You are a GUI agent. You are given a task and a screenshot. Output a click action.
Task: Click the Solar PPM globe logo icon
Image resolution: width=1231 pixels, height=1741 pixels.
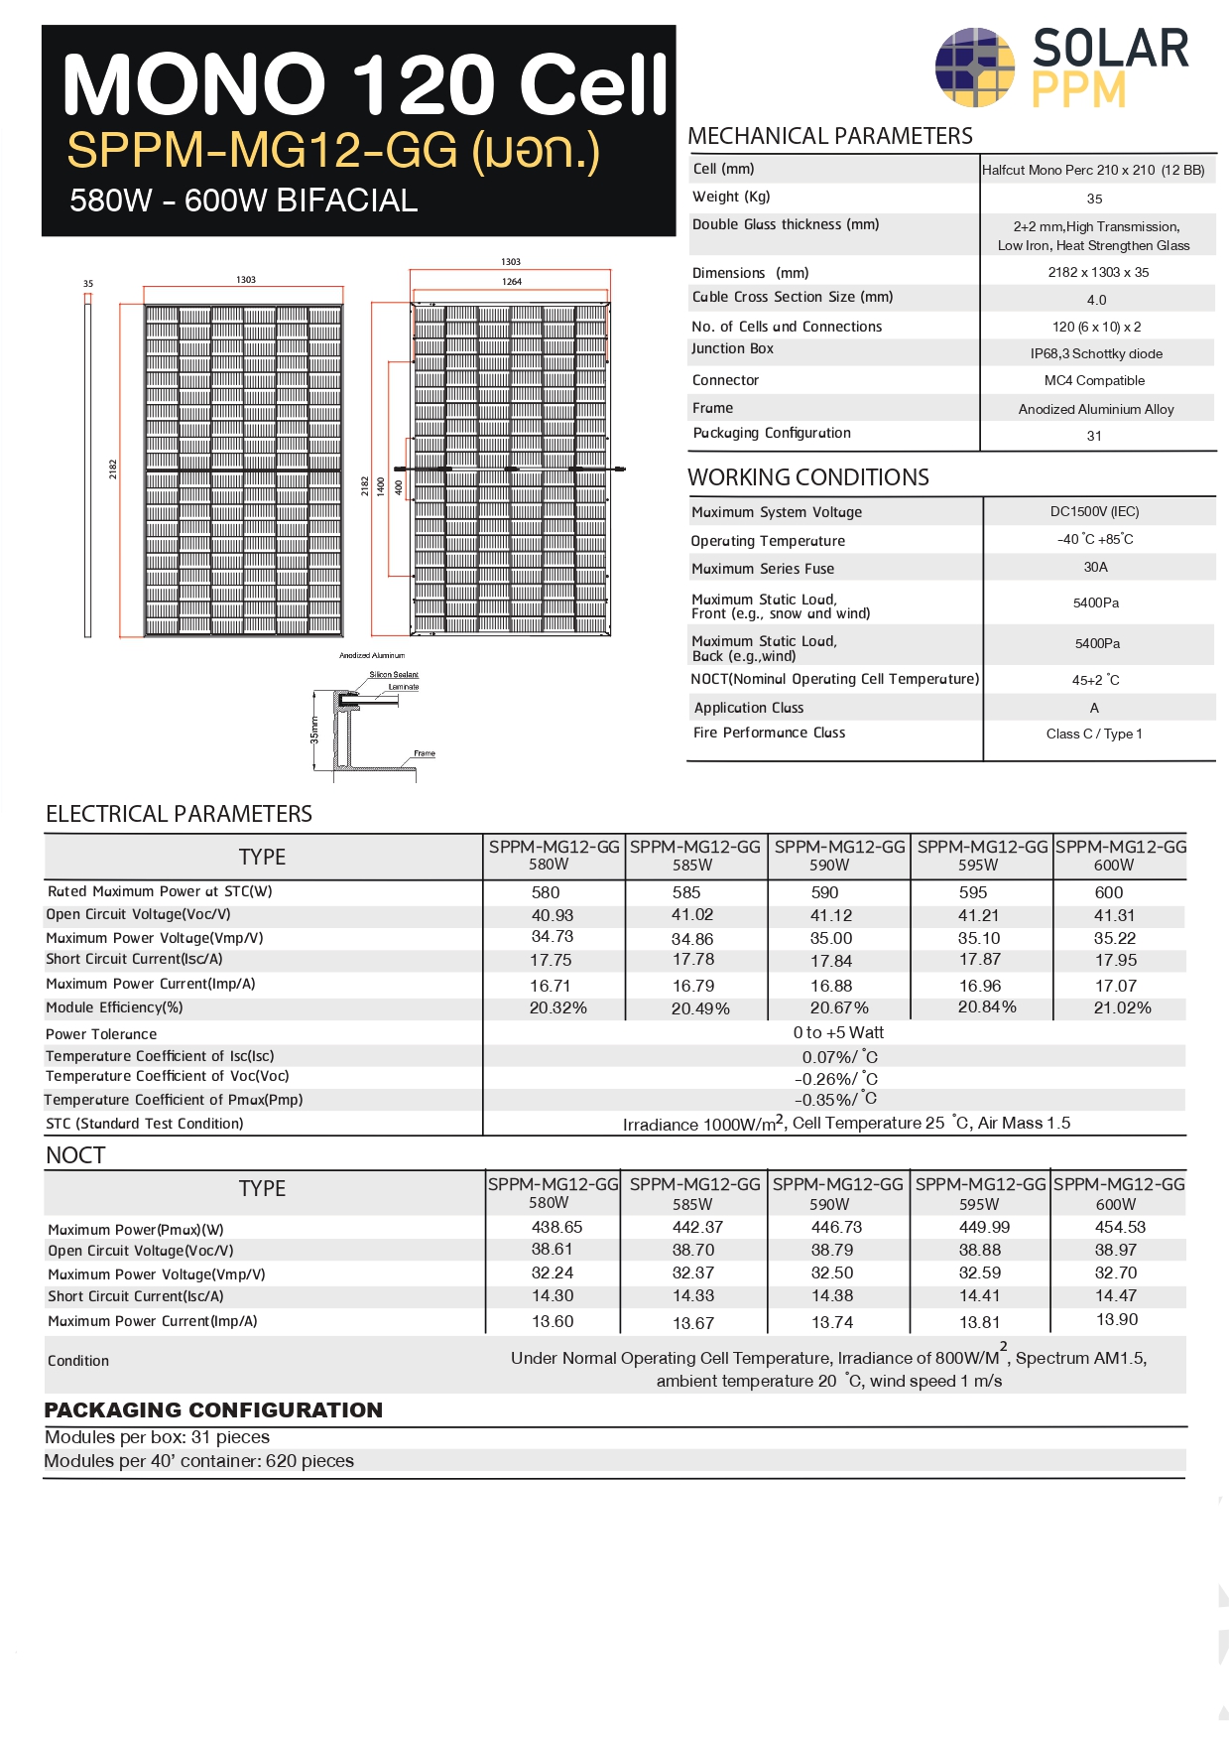coord(975,67)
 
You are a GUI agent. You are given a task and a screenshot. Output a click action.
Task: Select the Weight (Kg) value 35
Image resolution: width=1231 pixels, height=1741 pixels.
coord(1094,199)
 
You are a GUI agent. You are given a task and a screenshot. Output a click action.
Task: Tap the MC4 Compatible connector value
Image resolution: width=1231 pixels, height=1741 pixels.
coord(1094,381)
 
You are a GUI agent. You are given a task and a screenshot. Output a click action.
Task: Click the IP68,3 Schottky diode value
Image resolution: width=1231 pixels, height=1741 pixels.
coord(1096,354)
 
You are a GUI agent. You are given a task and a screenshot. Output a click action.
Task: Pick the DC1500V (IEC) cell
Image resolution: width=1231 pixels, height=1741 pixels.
coord(1094,512)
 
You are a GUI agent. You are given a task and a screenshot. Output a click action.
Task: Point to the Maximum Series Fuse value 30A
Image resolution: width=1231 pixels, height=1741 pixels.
coord(1095,568)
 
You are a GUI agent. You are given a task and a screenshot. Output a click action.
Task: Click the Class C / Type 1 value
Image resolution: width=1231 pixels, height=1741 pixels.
coord(1094,735)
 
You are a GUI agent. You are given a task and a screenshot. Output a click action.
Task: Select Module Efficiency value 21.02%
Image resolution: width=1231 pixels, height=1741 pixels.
coord(1122,1008)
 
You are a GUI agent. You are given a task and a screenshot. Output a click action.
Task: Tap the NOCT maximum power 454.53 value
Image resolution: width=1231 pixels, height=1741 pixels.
coord(1120,1228)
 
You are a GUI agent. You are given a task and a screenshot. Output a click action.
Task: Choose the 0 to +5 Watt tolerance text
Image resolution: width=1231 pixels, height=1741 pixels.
coord(838,1033)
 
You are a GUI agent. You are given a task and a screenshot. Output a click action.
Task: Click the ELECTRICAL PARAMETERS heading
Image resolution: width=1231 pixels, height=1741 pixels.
coord(179,815)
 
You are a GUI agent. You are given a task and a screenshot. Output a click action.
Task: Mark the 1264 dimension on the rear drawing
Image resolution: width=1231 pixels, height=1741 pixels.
coord(512,282)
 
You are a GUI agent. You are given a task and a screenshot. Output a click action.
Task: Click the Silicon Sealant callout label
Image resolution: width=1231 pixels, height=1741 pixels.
coord(394,675)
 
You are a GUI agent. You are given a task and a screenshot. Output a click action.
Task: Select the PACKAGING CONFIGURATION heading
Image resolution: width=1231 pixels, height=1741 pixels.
coord(213,1410)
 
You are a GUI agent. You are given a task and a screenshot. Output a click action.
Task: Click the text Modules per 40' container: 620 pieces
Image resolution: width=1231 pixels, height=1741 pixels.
coord(199,1461)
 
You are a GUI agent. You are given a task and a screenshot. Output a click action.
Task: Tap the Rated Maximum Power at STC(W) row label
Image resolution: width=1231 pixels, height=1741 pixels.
coord(160,892)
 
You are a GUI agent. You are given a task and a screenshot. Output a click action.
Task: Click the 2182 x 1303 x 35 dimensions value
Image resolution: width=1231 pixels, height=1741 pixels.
coord(1098,273)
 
